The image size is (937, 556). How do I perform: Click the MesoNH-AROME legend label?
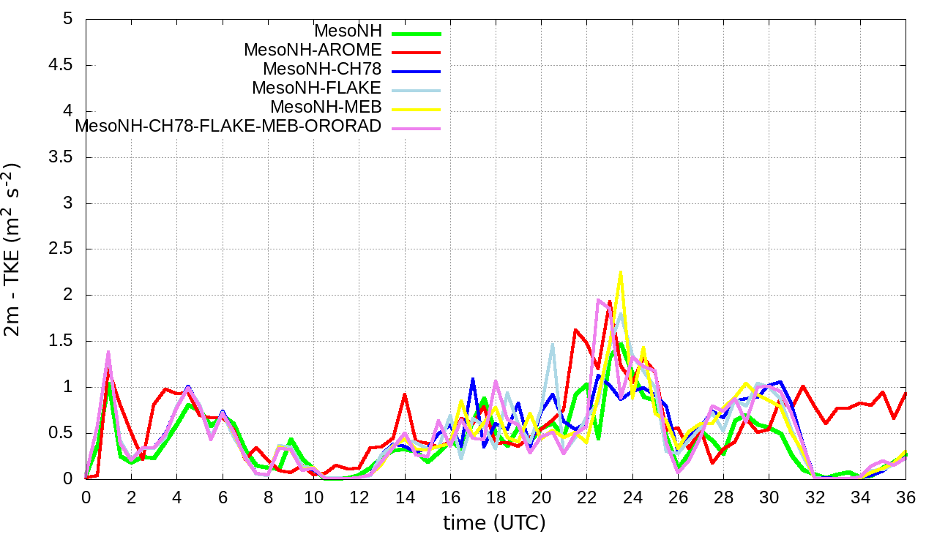(x=313, y=50)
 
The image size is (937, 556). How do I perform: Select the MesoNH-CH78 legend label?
(x=322, y=69)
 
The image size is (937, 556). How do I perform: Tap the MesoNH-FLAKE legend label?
(x=317, y=89)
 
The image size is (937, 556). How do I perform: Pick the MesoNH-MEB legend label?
(x=326, y=108)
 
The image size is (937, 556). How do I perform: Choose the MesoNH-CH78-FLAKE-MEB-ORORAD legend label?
(x=228, y=126)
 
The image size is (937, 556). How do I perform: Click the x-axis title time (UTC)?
(x=494, y=523)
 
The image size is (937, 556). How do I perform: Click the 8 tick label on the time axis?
(x=268, y=497)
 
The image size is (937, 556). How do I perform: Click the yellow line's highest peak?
(x=621, y=271)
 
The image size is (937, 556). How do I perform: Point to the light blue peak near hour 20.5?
(x=553, y=344)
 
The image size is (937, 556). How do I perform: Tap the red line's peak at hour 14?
(x=405, y=394)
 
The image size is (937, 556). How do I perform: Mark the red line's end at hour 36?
(x=906, y=393)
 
